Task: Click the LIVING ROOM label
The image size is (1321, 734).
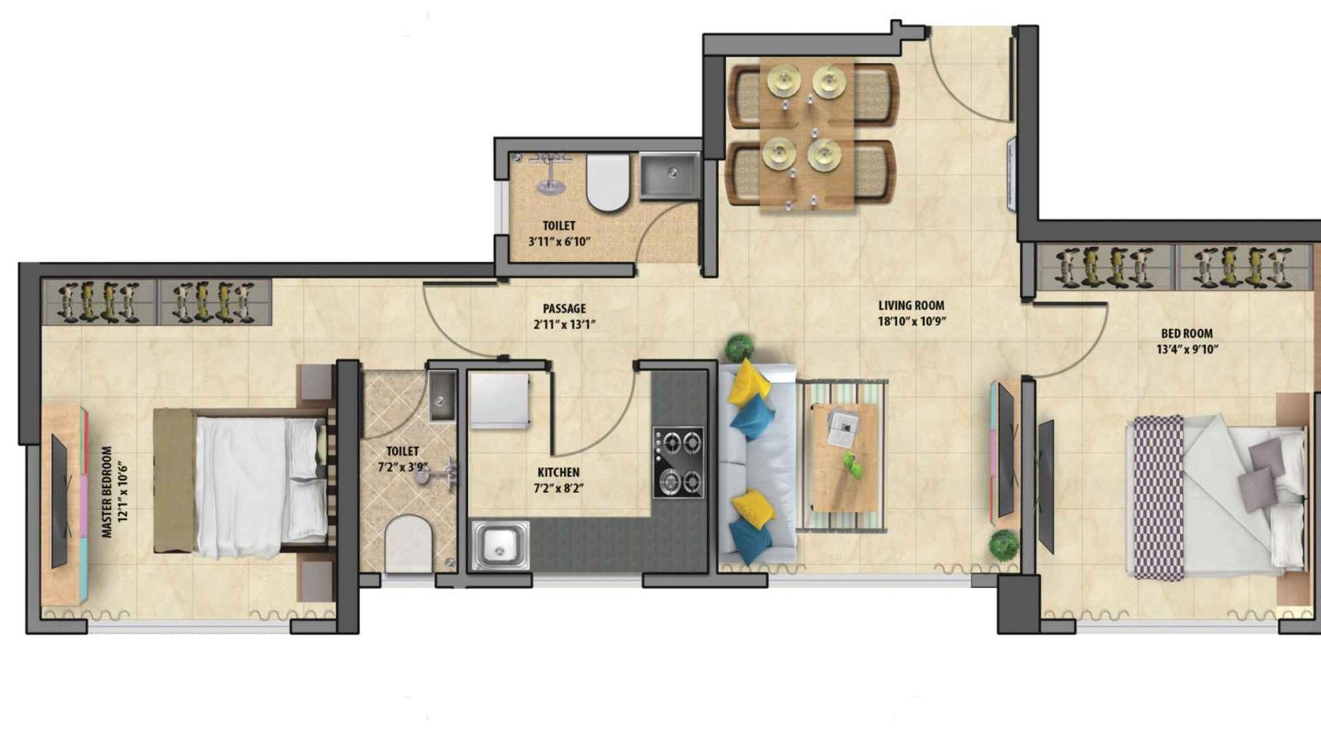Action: pyautogui.click(x=911, y=305)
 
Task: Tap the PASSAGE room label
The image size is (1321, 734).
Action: pyautogui.click(x=565, y=309)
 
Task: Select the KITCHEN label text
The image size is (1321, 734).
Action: pyautogui.click(x=559, y=472)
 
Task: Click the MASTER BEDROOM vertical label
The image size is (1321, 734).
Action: pyautogui.click(x=107, y=493)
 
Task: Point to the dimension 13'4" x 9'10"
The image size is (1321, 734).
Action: pyautogui.click(x=1187, y=348)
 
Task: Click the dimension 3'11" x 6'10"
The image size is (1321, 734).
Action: pyautogui.click(x=559, y=242)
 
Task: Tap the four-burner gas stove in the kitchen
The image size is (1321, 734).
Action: pyautogui.click(x=679, y=462)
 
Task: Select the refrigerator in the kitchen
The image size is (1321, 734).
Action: pyautogui.click(x=499, y=400)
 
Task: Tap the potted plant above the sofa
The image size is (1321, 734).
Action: pyautogui.click(x=741, y=347)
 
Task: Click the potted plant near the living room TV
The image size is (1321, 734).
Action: pyautogui.click(x=1003, y=546)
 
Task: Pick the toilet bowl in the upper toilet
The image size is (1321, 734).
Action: pyautogui.click(x=608, y=182)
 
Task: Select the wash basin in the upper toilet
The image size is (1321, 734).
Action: pyautogui.click(x=670, y=175)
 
